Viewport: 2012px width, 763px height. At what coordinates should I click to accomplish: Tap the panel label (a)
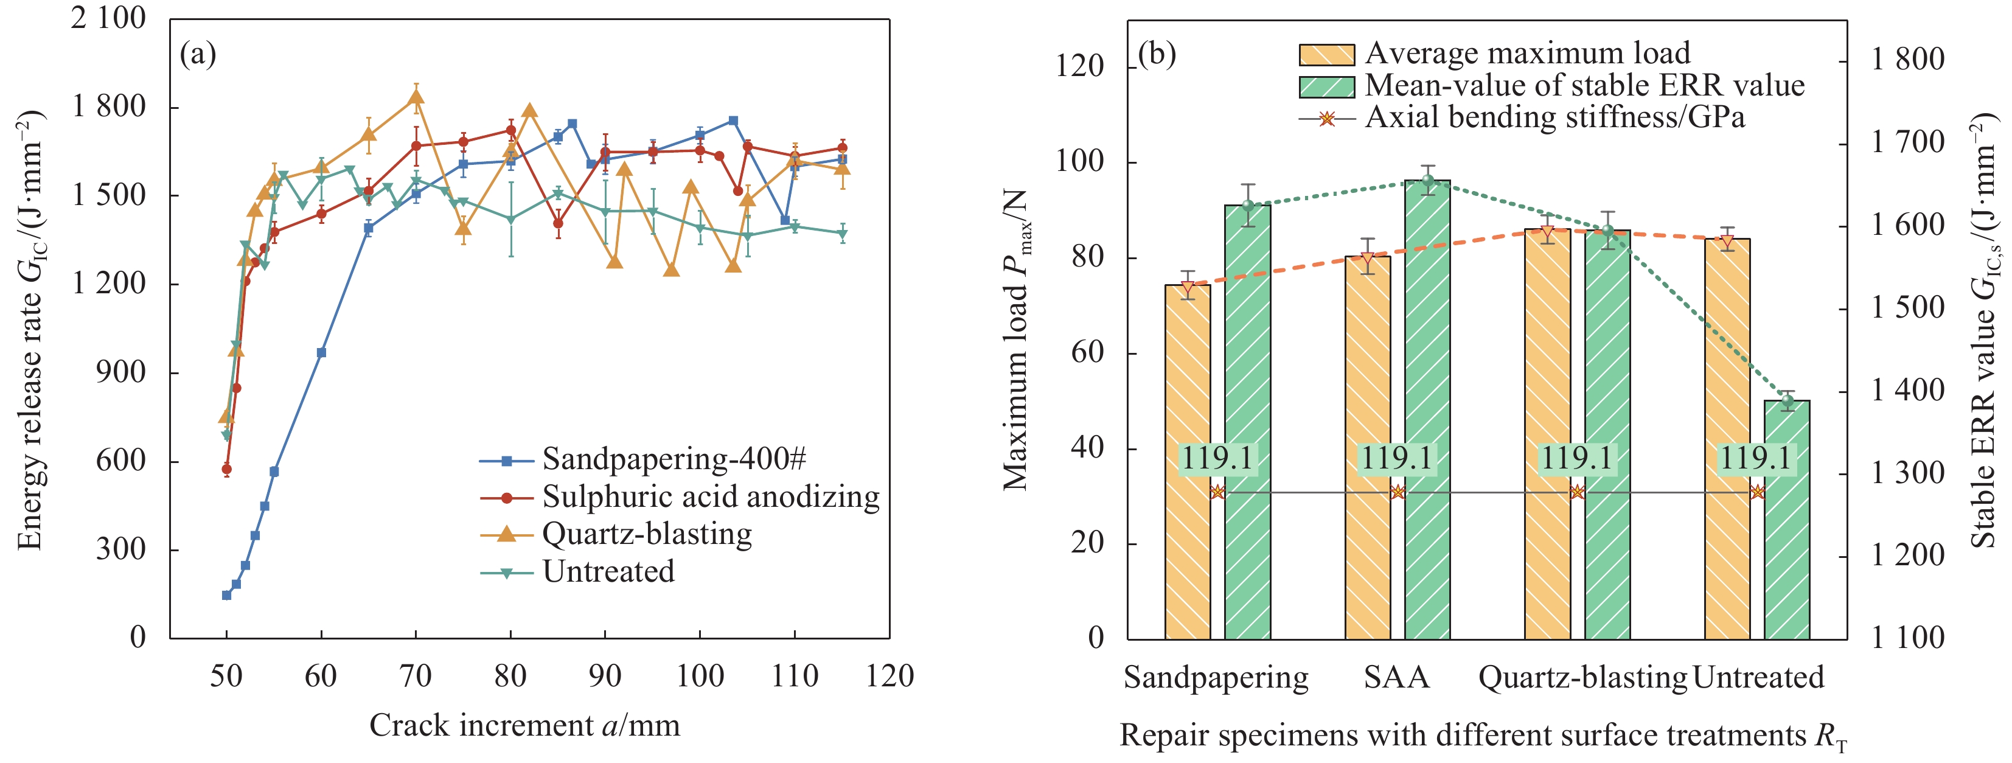(x=198, y=55)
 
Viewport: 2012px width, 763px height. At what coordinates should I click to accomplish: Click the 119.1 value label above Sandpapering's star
(x=1217, y=458)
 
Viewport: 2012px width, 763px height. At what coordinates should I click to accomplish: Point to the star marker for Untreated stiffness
(x=1757, y=492)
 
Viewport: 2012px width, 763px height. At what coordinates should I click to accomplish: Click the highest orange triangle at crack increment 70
(x=416, y=97)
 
